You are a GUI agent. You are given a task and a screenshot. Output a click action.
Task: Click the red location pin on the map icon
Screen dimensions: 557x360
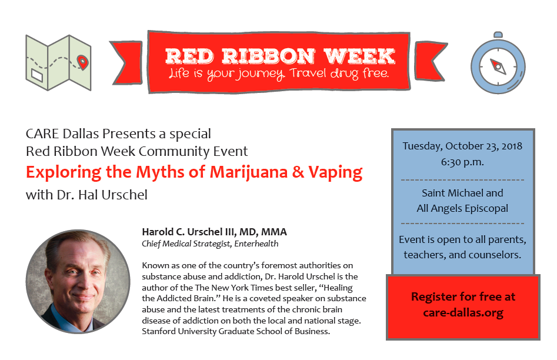tap(82, 62)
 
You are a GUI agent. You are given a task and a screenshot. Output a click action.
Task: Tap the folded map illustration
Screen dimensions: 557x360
tap(58, 62)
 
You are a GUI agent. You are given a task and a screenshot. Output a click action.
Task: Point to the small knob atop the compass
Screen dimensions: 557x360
tap(498, 35)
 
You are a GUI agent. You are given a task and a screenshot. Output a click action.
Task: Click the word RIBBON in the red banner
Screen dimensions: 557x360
tap(269, 56)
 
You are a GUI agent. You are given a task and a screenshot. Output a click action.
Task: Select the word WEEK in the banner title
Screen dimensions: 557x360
tap(359, 56)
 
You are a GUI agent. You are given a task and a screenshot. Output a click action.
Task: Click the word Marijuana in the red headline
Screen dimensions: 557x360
tap(248, 172)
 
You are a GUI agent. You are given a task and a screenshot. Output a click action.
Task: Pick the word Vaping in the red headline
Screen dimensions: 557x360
tap(335, 173)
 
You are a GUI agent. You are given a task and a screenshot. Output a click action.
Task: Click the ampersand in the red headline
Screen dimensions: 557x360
tap(298, 172)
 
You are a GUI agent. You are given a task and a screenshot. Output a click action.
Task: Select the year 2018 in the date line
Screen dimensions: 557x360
tap(512, 146)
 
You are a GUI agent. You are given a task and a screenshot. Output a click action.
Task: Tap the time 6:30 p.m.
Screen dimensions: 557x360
tap(462, 162)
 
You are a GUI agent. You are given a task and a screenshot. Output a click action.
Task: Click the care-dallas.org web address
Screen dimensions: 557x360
tap(463, 313)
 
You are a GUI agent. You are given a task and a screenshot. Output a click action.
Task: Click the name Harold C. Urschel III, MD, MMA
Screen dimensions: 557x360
tap(214, 232)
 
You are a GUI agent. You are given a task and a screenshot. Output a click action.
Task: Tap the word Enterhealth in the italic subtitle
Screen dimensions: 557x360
tap(256, 244)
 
